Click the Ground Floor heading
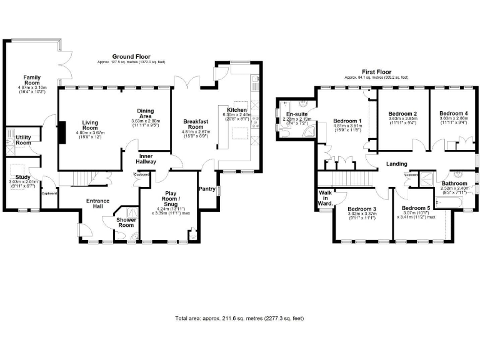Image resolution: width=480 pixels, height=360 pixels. pos(131,57)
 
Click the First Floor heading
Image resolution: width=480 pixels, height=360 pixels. pos(376,72)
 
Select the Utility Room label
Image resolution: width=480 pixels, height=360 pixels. pos(23,140)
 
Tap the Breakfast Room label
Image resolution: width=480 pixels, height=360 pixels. pos(196,124)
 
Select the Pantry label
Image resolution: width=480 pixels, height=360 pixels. pos(207,188)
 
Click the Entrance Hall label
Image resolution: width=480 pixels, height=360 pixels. pos(97,204)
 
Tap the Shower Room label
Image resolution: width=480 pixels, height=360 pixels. pos(126,222)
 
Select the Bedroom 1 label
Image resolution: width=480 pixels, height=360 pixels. pos(347,121)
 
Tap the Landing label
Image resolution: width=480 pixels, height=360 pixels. pos(397,164)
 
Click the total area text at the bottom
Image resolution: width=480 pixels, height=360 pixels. pos(239,318)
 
